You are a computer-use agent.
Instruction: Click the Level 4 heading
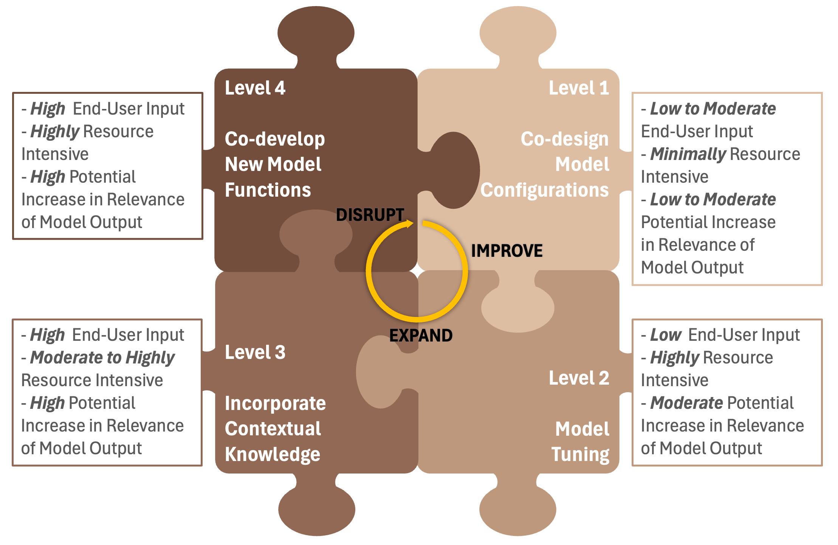point(255,88)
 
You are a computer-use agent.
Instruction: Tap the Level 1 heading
point(578,88)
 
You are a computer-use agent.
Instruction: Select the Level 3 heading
point(255,352)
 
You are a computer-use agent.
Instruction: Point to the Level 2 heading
point(578,378)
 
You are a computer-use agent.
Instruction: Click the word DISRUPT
point(370,215)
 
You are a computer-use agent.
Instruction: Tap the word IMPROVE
point(507,251)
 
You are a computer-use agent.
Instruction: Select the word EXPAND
point(421,335)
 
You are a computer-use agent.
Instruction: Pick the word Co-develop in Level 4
point(275,139)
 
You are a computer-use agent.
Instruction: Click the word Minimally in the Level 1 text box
point(688,154)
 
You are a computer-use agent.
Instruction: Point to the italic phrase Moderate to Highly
point(102,358)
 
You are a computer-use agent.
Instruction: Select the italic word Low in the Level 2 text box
point(665,335)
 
